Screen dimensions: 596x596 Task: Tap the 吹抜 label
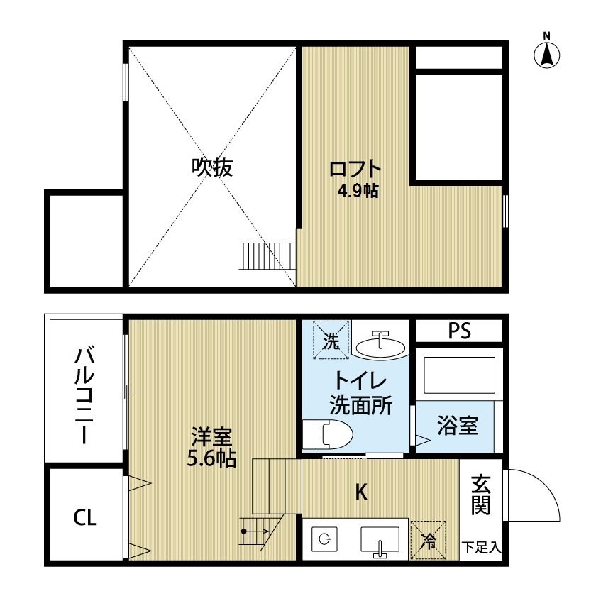[212, 167]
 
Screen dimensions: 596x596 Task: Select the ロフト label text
[355, 170]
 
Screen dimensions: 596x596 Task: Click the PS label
[459, 331]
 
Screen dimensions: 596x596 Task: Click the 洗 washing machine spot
[331, 339]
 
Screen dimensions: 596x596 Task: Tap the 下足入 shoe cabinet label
[482, 547]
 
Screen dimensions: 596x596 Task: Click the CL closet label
[85, 517]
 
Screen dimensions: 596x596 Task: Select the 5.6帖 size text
[211, 458]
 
